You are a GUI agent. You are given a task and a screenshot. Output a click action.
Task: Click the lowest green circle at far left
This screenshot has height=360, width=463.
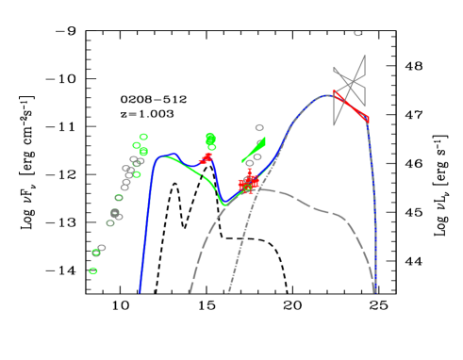click(93, 270)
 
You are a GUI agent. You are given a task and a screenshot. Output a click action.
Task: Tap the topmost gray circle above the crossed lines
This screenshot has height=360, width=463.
click(357, 34)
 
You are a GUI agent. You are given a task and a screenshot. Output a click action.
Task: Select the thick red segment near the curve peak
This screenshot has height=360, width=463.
click(351, 106)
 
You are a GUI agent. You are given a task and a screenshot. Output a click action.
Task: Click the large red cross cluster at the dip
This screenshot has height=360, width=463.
click(248, 182)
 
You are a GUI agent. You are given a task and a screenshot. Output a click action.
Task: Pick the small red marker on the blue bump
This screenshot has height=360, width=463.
click(206, 158)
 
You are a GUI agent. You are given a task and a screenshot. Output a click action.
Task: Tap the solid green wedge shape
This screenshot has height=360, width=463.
click(256, 149)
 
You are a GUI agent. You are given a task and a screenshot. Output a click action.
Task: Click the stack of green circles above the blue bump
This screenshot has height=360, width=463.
click(210, 140)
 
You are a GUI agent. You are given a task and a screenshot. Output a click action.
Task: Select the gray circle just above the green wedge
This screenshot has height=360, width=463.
click(259, 127)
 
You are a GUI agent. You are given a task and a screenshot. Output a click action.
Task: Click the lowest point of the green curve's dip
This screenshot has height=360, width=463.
click(224, 203)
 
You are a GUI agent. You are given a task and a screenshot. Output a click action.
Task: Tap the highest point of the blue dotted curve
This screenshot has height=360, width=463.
click(332, 93)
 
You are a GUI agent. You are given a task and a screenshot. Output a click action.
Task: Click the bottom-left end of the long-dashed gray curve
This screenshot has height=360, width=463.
click(190, 291)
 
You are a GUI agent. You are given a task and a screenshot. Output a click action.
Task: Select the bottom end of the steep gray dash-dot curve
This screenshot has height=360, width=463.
click(228, 291)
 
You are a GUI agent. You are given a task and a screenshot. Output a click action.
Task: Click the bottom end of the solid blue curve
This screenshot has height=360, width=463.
click(140, 291)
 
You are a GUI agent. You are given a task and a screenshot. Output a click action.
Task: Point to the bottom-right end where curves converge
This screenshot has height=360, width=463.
click(374, 290)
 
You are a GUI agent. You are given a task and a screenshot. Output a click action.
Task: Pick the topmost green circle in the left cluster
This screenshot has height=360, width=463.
click(143, 137)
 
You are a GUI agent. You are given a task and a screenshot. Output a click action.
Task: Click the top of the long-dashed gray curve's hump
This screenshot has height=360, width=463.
click(262, 189)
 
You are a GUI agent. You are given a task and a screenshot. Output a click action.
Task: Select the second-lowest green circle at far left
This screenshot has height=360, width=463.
click(96, 253)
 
